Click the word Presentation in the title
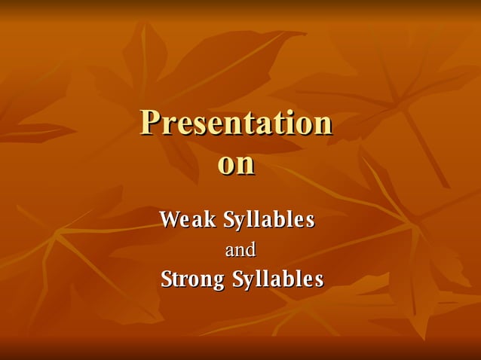point(236,123)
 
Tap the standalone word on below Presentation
point(236,165)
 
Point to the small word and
point(241,249)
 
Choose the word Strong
point(193,279)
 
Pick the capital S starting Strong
point(167,279)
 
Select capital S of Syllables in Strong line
point(237,279)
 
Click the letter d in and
point(251,249)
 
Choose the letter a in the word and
point(231,251)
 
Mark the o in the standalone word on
point(227,166)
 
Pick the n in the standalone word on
point(246,166)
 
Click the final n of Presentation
point(323,125)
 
